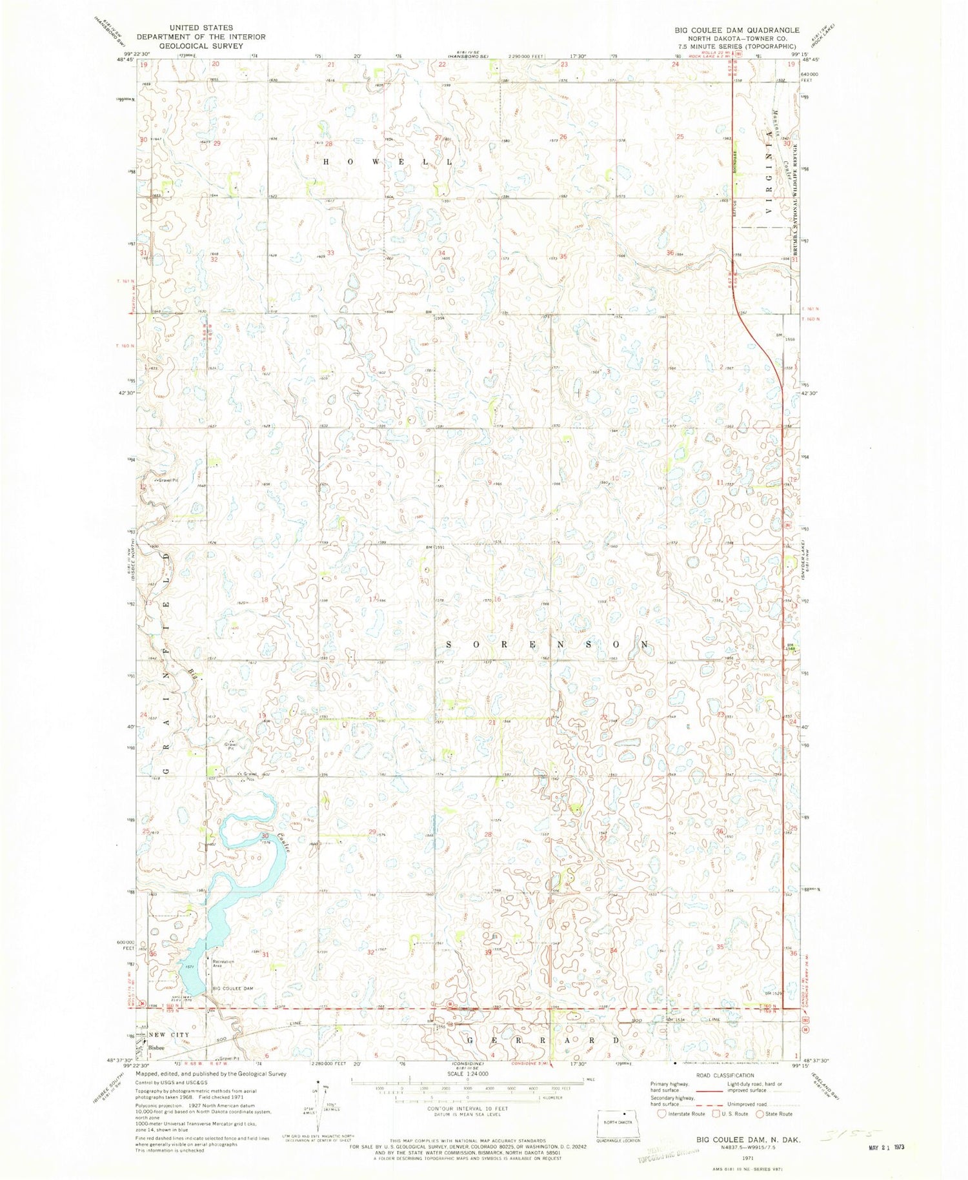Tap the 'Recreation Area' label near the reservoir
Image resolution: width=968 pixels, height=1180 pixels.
tap(223, 963)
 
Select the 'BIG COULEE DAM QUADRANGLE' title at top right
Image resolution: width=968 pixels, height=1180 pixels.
tap(735, 30)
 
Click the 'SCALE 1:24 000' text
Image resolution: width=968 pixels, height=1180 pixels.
tap(467, 1074)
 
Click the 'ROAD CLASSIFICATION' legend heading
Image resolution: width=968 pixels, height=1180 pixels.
tap(725, 1075)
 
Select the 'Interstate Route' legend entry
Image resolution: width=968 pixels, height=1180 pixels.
tap(687, 1114)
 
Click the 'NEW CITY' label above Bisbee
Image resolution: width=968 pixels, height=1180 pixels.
tap(169, 1034)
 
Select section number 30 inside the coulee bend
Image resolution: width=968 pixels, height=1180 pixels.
tap(265, 836)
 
